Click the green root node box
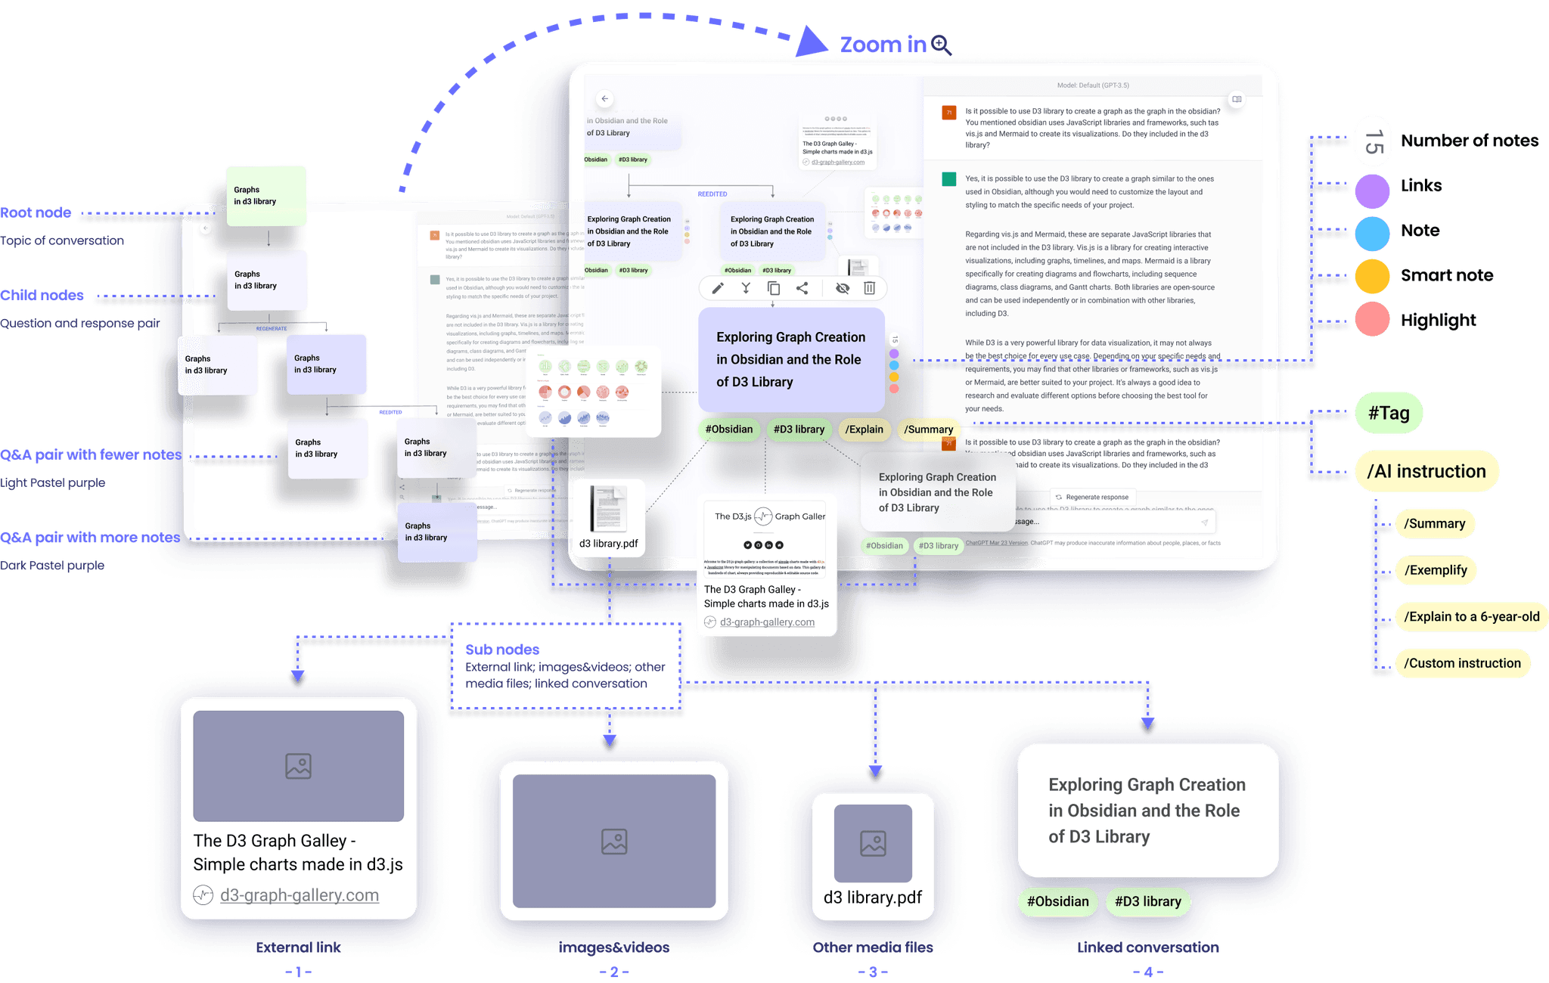266,196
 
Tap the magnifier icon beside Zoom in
941,45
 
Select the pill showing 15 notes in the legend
1373,141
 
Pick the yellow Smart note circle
1372,276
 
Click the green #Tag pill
1389,413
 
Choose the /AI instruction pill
1426,471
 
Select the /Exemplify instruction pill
1436,570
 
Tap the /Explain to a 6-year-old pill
1471,616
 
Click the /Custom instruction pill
1462,663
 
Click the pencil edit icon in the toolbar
718,288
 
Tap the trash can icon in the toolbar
870,288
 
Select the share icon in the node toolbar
802,288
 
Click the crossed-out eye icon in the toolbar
843,288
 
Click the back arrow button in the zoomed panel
604,99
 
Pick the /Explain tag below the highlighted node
864,429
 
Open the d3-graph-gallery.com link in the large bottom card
300,895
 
